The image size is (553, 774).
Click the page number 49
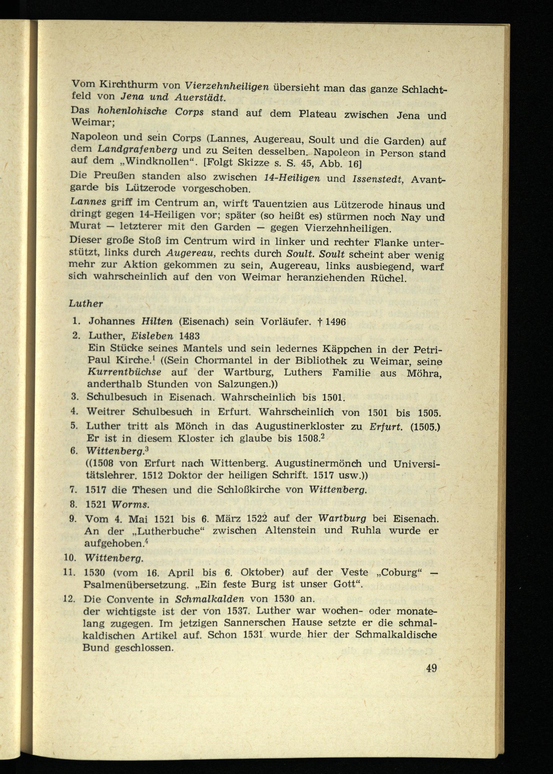[x=431, y=668]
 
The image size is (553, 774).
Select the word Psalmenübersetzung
[x=136, y=585]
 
